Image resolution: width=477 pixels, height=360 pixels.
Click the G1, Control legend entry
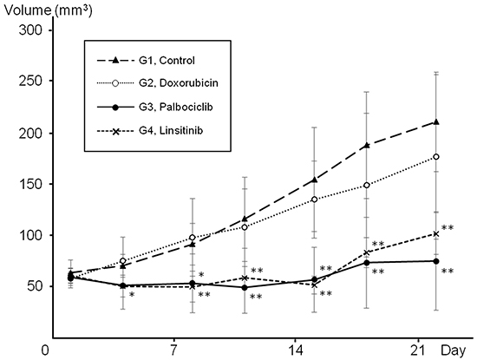(x=146, y=61)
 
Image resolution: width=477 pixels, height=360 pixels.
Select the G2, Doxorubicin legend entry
(x=157, y=83)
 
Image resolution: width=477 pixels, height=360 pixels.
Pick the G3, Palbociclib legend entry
(x=155, y=107)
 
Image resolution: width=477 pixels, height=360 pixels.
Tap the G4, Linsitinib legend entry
(x=150, y=131)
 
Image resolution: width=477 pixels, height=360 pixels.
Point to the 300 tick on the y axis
(x=31, y=30)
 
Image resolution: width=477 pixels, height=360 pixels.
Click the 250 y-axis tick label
(x=31, y=82)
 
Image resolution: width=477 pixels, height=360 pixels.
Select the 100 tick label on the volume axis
(x=31, y=235)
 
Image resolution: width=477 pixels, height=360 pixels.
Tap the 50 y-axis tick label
(x=36, y=286)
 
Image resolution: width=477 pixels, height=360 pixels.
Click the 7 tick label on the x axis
(x=173, y=350)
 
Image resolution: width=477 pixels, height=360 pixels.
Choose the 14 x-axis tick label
(x=296, y=350)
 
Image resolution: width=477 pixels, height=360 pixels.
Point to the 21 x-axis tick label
(x=419, y=350)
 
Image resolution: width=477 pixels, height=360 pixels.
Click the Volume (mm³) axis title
(x=49, y=10)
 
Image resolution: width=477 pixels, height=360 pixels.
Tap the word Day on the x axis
(x=454, y=350)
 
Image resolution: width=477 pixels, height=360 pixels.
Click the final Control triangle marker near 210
(x=436, y=122)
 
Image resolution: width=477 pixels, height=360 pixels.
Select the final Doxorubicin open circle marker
(x=436, y=157)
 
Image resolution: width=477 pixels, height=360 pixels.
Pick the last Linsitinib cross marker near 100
(x=436, y=233)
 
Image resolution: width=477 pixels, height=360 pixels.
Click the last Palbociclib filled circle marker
(x=436, y=261)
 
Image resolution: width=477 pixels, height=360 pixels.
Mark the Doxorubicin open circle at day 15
(x=315, y=200)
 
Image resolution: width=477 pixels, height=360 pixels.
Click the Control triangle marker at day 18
(x=367, y=145)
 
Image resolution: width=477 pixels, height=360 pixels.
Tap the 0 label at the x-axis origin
(x=45, y=350)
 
